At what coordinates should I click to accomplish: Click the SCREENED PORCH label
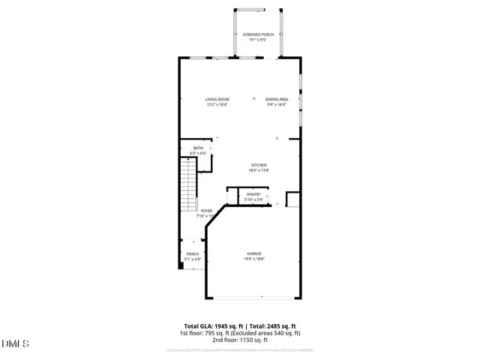256,34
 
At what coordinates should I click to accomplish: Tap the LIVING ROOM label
217,100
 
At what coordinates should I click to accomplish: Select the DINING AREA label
277,100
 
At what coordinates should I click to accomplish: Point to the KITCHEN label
259,166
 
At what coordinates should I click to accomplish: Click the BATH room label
198,148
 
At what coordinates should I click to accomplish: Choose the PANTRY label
253,195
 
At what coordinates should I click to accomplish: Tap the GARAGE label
254,253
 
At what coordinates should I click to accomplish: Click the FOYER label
206,211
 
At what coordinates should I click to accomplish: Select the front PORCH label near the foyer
193,254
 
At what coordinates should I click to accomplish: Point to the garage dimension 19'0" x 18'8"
254,259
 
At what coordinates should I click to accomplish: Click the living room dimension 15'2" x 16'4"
217,105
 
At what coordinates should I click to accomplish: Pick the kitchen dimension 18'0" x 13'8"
259,171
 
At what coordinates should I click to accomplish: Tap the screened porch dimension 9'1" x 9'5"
256,40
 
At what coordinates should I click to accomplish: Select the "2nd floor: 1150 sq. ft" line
239,340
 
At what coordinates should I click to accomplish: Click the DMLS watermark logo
15,344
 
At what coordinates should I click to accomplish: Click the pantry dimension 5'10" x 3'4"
253,200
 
